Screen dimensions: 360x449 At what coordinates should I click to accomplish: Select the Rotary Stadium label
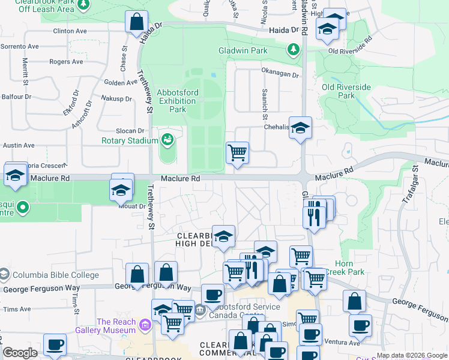(130, 141)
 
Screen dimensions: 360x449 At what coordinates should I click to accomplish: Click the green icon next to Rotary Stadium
(167, 140)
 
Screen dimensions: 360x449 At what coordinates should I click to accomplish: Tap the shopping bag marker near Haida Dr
(136, 22)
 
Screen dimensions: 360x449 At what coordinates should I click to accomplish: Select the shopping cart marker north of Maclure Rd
(237, 152)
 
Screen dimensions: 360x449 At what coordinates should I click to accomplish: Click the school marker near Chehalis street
(300, 127)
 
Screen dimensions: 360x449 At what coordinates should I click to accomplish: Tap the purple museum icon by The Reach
(144, 326)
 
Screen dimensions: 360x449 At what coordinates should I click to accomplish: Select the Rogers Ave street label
(66, 62)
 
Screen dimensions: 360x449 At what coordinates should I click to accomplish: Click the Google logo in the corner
(20, 353)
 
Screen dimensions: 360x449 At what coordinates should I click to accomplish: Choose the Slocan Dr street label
(131, 131)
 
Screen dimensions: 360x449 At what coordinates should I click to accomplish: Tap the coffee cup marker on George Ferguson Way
(212, 295)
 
